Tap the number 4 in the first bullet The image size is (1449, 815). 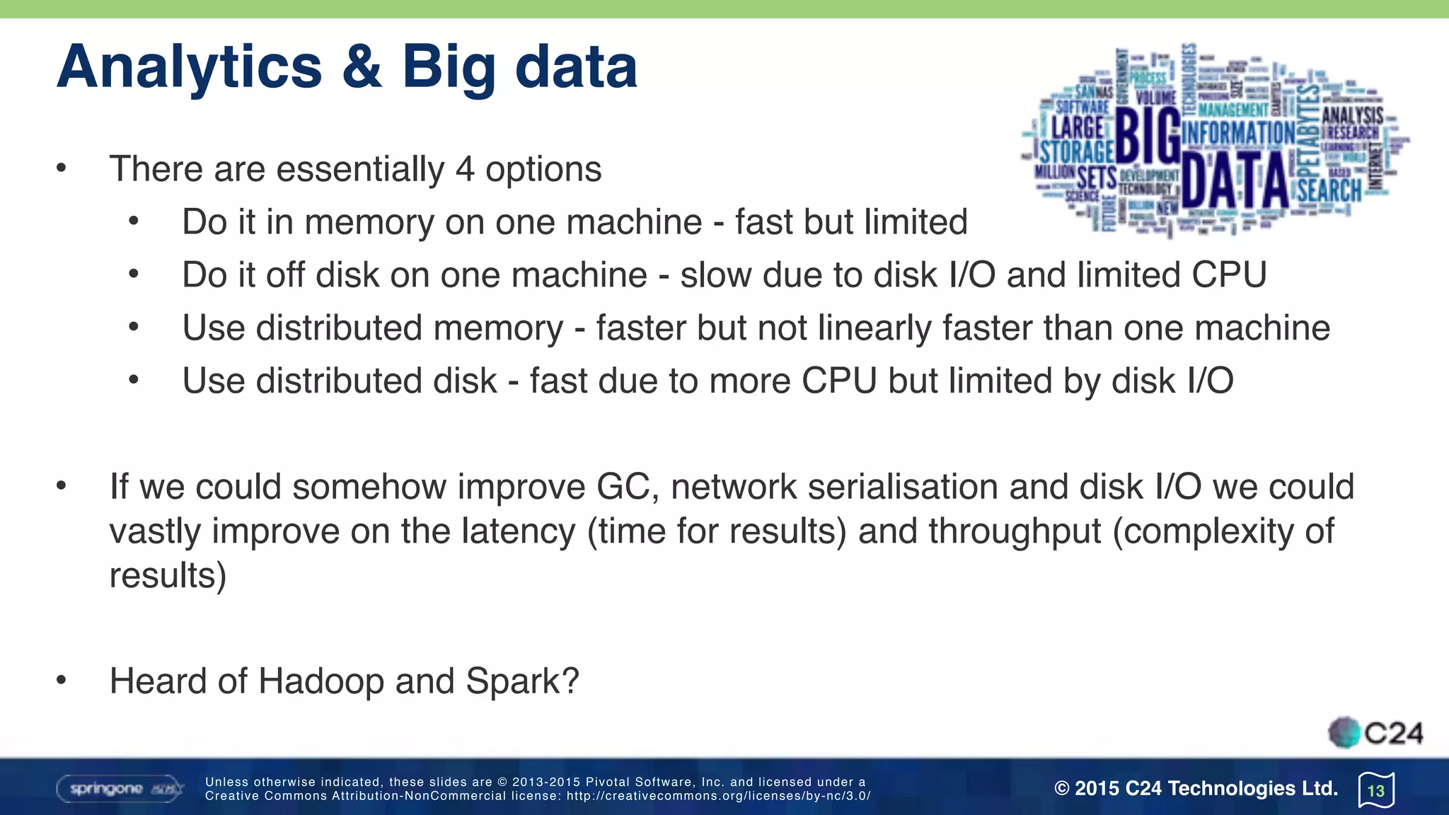464,169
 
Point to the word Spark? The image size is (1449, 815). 522,681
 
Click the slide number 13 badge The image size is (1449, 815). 1376,790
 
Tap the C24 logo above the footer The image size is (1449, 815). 1375,733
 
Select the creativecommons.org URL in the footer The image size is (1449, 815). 718,796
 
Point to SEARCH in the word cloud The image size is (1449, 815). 1329,190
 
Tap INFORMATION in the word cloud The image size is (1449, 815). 1238,132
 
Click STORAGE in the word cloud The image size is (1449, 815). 1077,151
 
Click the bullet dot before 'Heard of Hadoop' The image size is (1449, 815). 62,681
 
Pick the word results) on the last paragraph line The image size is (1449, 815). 168,575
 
